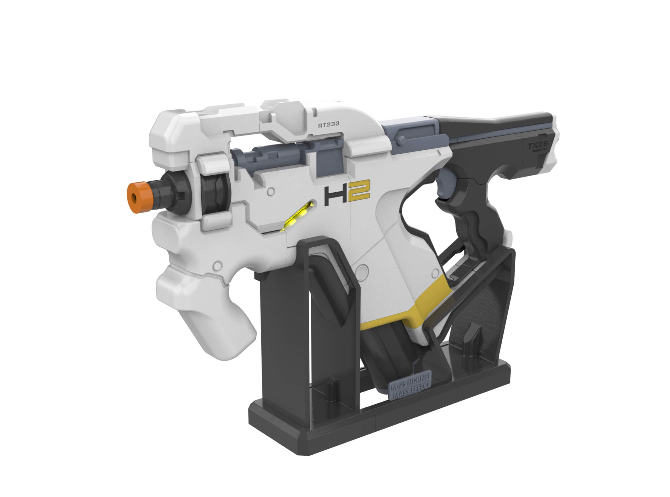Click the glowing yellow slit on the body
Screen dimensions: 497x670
(298, 215)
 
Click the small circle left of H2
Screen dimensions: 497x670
(271, 191)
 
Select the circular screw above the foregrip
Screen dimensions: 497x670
(217, 265)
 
